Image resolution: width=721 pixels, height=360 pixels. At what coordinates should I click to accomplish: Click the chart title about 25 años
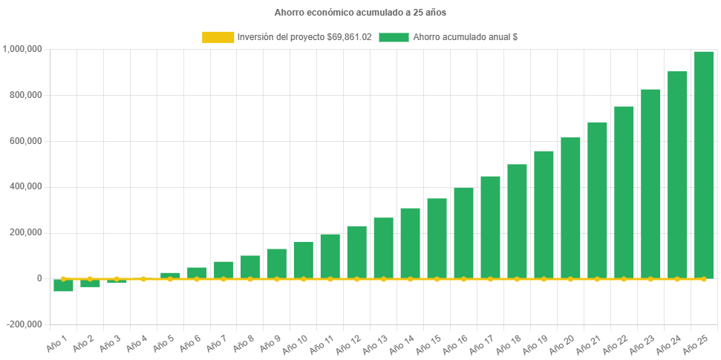[x=360, y=13]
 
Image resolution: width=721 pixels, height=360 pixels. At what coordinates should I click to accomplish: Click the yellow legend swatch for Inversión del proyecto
[x=217, y=37]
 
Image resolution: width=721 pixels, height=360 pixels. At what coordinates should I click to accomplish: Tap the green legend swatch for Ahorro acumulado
[x=394, y=37]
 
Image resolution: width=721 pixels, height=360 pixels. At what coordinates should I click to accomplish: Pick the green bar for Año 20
[x=570, y=208]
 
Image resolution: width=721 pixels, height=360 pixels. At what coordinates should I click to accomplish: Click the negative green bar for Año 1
[x=63, y=286]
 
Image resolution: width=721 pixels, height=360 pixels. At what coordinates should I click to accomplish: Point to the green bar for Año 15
[x=437, y=238]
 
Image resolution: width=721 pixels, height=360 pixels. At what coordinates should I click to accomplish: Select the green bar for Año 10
[x=303, y=260]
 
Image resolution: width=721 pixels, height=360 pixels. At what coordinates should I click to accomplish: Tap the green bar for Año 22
[x=624, y=192]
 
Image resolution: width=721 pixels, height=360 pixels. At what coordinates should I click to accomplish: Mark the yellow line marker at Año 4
[x=143, y=279]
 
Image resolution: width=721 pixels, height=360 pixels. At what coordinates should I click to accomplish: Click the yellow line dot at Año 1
[x=63, y=279]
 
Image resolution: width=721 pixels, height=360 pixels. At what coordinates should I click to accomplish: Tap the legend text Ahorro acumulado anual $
[x=465, y=37]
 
